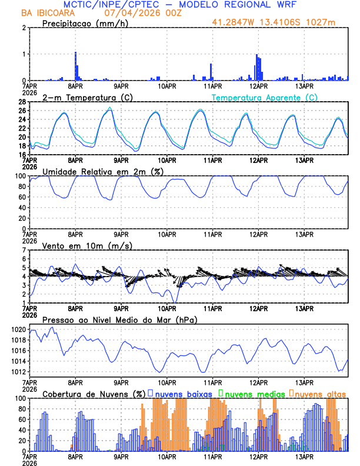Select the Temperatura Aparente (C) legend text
tap(264, 97)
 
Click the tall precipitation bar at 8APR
tap(76, 66)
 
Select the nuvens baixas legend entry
tap(184, 392)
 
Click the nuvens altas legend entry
tap(318, 392)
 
